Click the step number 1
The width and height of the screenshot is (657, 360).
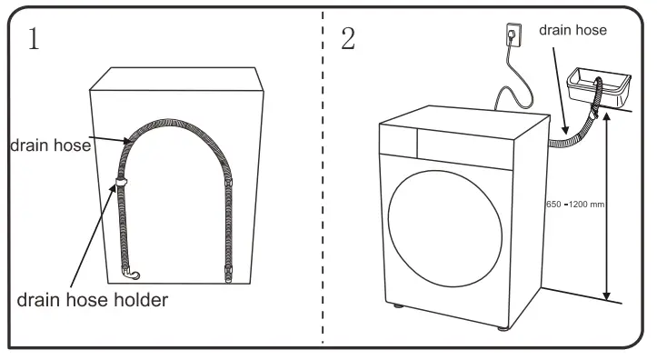tap(34, 39)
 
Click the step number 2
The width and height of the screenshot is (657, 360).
tap(347, 39)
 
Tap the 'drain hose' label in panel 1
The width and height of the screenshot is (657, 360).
tap(49, 145)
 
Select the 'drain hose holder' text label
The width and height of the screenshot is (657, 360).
tap(93, 299)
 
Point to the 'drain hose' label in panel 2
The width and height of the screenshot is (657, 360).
tap(572, 30)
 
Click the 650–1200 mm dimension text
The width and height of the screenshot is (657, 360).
tap(575, 205)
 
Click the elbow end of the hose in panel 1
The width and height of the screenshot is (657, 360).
tap(133, 272)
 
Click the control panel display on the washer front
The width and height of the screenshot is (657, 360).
tap(397, 140)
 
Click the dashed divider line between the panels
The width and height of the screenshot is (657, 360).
tap(324, 182)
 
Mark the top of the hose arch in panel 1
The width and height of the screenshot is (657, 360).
tap(175, 120)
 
